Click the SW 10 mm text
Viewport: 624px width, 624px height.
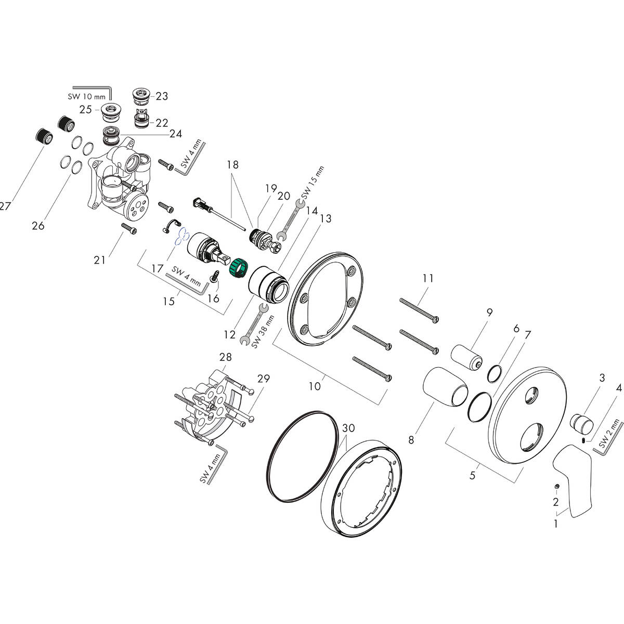click(x=87, y=96)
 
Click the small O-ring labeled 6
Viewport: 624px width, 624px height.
click(x=496, y=373)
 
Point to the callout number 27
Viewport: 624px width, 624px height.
click(x=5, y=206)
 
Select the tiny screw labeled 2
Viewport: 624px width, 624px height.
click(x=557, y=486)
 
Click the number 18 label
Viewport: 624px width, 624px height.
click(x=232, y=164)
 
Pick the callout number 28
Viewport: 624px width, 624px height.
click(x=225, y=357)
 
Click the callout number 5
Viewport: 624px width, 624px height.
click(x=472, y=475)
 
